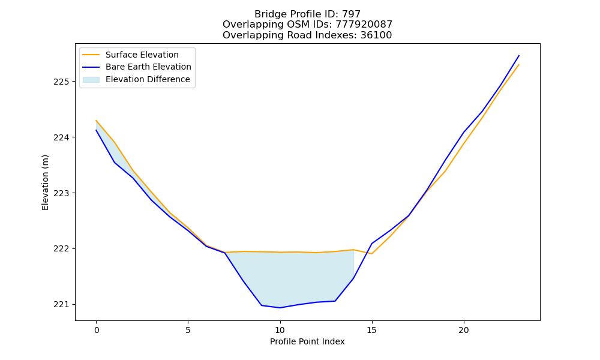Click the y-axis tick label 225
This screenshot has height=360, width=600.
[61, 82]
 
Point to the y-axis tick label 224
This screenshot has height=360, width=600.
[61, 137]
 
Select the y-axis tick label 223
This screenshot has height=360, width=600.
[61, 193]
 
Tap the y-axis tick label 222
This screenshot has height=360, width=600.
[61, 248]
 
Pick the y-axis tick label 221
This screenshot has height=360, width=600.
[61, 305]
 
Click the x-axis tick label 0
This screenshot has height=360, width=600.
[96, 330]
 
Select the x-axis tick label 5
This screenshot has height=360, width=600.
[188, 330]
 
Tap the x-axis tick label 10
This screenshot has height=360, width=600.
[280, 330]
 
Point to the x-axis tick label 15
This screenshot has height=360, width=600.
[372, 330]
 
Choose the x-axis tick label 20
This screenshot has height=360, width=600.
[464, 330]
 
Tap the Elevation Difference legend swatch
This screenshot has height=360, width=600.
[91, 80]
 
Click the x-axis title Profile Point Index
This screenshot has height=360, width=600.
[307, 341]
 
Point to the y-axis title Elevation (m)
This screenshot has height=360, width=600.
[45, 182]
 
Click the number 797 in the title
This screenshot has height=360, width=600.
[351, 14]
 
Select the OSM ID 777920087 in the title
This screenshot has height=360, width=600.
[364, 25]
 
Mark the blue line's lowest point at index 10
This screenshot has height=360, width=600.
[280, 308]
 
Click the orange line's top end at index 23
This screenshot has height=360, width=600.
[519, 65]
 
